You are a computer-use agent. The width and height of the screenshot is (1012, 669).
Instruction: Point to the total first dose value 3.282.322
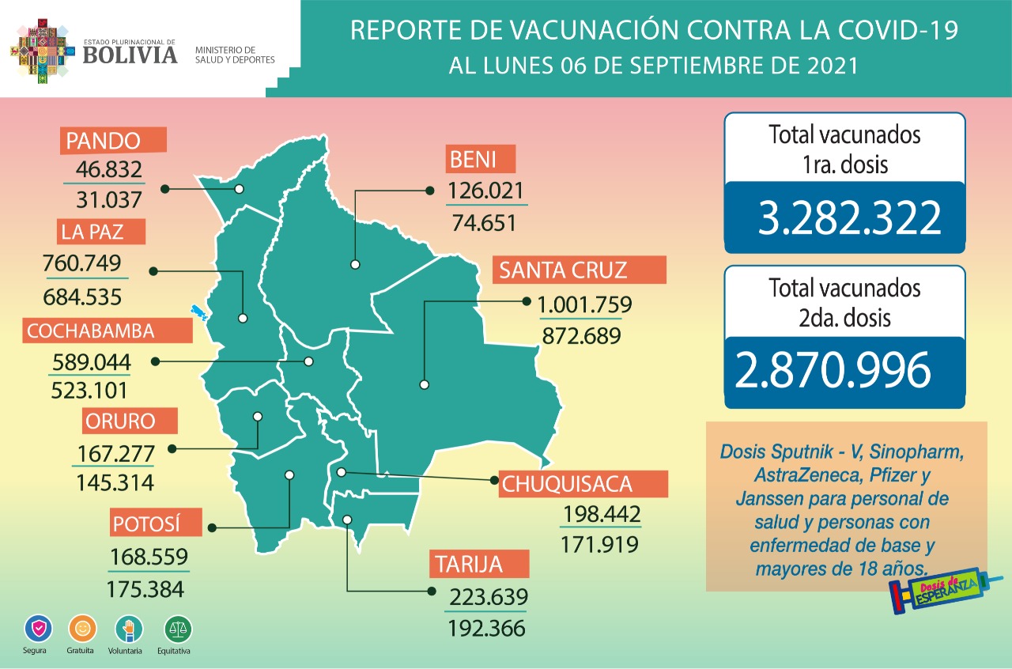coord(849,218)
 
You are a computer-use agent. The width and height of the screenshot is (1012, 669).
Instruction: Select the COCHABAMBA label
coord(90,331)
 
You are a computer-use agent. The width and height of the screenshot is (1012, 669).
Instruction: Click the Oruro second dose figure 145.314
coord(115,482)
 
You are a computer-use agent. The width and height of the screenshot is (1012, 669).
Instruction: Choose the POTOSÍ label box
coord(147,524)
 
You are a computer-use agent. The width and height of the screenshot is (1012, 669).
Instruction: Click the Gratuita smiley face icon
coord(81,629)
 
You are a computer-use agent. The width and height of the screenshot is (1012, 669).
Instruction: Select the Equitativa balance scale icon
coord(177,629)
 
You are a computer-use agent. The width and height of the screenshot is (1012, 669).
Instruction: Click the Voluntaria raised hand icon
coord(129,629)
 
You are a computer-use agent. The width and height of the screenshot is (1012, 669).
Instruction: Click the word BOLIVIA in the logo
coord(130,55)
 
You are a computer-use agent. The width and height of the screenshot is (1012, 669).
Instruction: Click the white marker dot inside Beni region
coord(355,265)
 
